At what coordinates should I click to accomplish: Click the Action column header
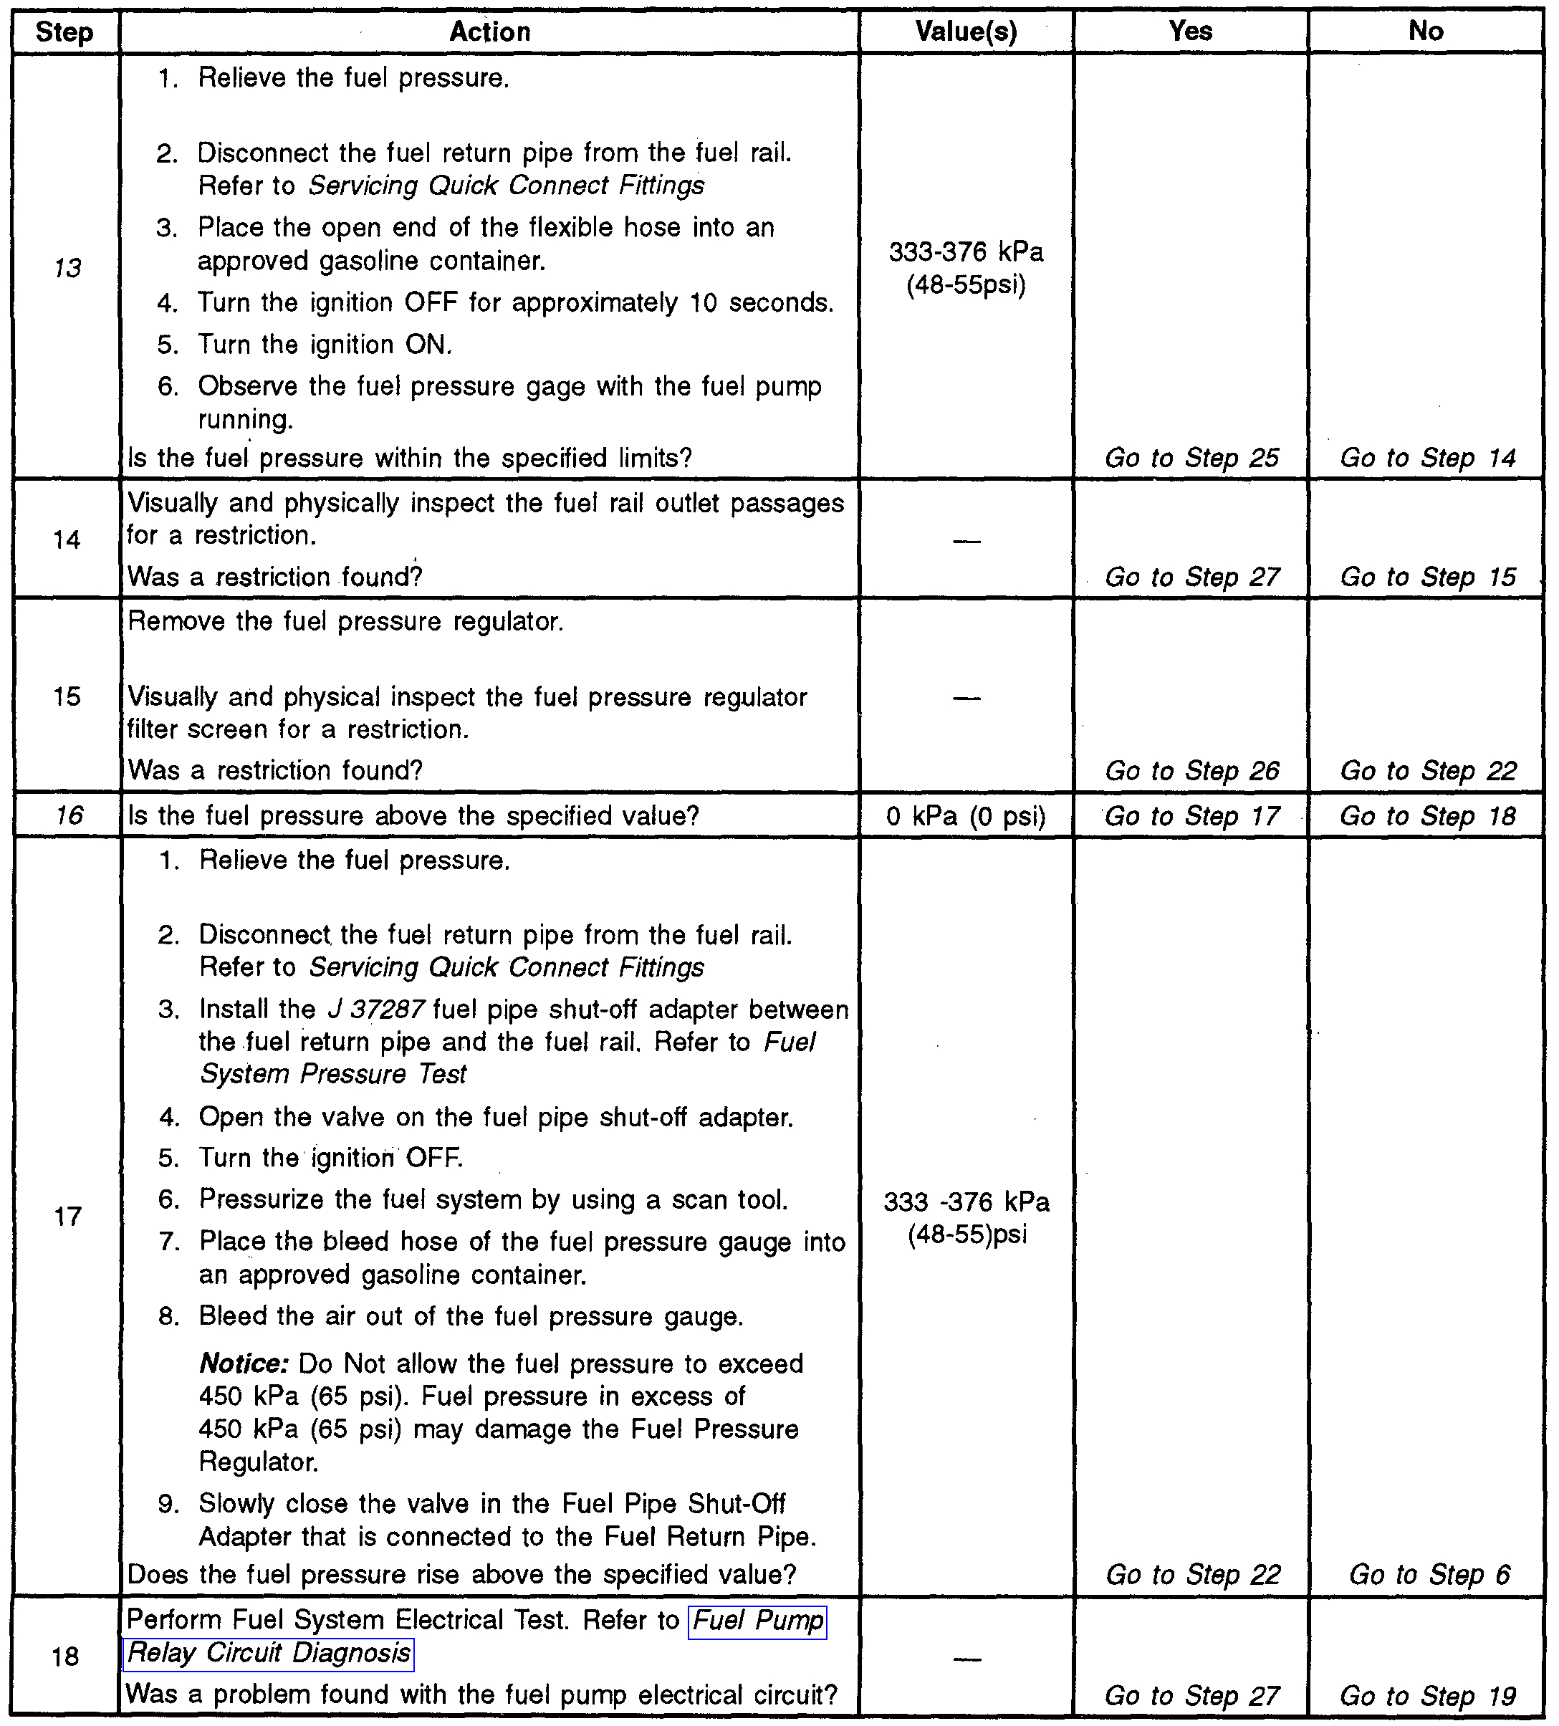pos(490,32)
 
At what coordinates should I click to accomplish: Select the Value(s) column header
pos(966,32)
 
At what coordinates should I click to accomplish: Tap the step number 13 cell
pos(67,268)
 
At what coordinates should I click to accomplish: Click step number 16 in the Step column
pos(69,815)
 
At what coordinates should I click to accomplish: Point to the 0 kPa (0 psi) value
pos(966,816)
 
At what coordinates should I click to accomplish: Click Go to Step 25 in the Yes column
pos(1191,458)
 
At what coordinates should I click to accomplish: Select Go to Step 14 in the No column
pos(1427,458)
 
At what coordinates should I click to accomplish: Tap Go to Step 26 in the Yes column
pos(1191,770)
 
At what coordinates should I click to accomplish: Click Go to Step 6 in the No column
pos(1429,1573)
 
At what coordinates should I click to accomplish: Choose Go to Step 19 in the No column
pos(1427,1695)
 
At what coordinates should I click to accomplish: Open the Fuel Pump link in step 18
pos(758,1621)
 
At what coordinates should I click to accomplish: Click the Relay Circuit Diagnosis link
pos(269,1653)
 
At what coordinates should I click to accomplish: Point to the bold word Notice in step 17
pos(243,1363)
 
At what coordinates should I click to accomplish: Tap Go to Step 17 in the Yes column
pos(1191,816)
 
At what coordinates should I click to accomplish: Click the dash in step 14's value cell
pos(966,541)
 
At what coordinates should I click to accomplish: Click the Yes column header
pos(1190,32)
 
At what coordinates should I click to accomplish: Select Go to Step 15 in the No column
pos(1427,577)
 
